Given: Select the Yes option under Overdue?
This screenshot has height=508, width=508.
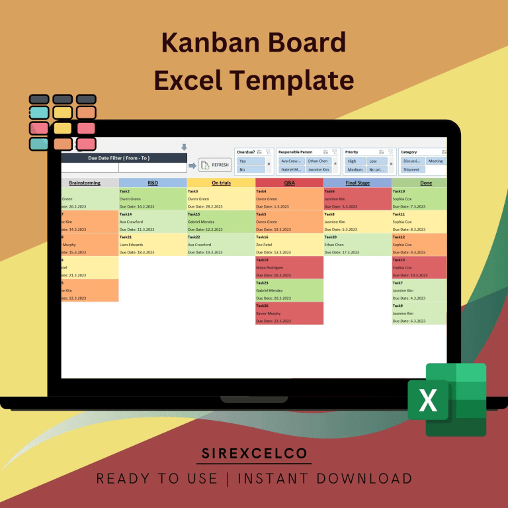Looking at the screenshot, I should pyautogui.click(x=251, y=161).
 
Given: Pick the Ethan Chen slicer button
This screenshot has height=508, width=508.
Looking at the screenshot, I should pyautogui.click(x=318, y=161).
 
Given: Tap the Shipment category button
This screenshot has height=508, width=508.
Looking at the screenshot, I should pyautogui.click(x=411, y=169).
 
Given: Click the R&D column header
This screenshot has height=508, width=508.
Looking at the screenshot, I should pyautogui.click(x=153, y=183).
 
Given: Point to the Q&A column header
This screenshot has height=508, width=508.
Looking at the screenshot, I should pyautogui.click(x=289, y=183).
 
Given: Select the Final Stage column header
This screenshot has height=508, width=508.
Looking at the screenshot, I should pyautogui.click(x=357, y=183).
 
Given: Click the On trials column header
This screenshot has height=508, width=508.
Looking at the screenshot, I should pyautogui.click(x=221, y=183).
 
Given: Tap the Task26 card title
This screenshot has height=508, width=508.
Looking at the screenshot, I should pyautogui.click(x=263, y=306).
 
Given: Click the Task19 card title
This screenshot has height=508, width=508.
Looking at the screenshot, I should pyautogui.click(x=263, y=260).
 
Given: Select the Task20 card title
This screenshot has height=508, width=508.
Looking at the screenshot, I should pyautogui.click(x=331, y=237).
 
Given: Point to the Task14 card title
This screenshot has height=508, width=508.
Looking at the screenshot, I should pyautogui.click(x=126, y=214).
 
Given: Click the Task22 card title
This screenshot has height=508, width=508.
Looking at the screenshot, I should pyautogui.click(x=194, y=237).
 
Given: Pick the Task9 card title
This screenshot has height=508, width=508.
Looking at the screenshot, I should pyautogui.click(x=398, y=306).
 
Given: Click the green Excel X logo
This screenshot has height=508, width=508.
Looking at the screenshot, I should pyautogui.click(x=429, y=400).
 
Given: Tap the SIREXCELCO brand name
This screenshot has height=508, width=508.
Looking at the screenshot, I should pyautogui.click(x=254, y=454).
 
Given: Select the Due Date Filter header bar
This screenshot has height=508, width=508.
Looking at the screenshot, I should pyautogui.click(x=124, y=158).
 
